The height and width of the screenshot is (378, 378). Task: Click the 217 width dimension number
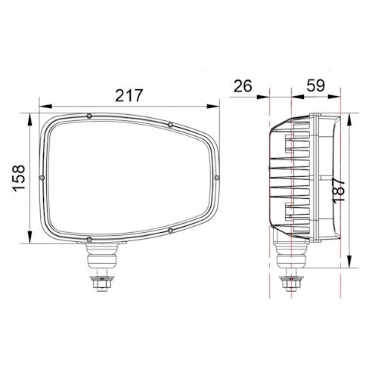click(129, 95)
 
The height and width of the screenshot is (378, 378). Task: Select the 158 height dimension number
click(20, 178)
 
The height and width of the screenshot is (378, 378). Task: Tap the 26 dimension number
click(243, 85)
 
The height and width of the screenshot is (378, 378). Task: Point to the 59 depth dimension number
click(315, 85)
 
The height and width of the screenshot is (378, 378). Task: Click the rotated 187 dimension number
click(339, 189)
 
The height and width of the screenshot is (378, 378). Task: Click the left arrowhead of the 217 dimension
click(45, 107)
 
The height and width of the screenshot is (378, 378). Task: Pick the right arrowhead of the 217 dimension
click(213, 107)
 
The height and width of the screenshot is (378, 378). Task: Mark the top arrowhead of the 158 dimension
click(30, 119)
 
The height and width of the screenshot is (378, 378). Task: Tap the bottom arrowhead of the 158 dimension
click(30, 237)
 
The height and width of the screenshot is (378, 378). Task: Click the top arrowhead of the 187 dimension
click(349, 119)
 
